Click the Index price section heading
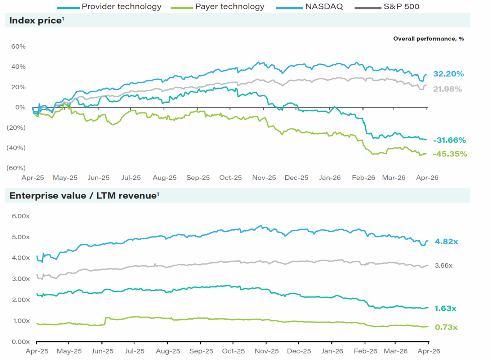click(36, 21)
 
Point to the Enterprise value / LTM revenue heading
click(84, 196)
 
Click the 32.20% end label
click(448, 74)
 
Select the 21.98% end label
click(447, 89)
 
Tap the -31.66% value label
click(449, 140)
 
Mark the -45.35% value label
click(450, 154)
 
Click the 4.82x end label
click(446, 242)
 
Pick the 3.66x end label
click(444, 266)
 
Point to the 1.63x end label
click(445, 308)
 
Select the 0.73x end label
click(446, 327)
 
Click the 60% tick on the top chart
click(18, 46)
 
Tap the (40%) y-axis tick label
click(16, 148)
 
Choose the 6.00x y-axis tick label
click(21, 216)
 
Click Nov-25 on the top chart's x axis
click(264, 178)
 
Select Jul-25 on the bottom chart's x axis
click(134, 351)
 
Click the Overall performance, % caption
click(428, 39)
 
